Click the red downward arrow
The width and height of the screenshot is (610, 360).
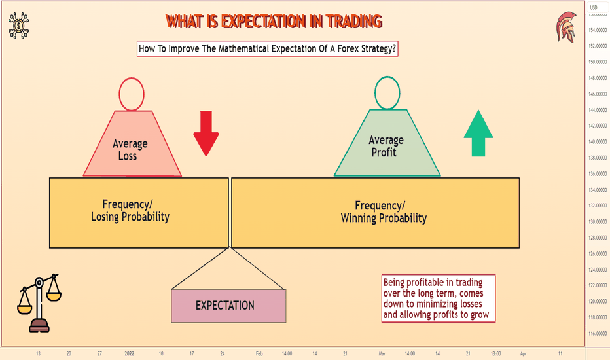206,134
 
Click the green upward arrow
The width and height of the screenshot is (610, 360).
478,133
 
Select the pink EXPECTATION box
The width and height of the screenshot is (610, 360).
229,306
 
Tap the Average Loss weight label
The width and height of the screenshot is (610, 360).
130,150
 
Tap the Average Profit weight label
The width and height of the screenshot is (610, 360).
386,146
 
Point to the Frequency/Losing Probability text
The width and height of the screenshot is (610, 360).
130,211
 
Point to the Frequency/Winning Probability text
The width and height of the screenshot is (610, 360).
384,211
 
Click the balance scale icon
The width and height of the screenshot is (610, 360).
39,303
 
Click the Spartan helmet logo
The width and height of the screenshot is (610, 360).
566,26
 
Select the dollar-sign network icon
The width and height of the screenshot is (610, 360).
19,26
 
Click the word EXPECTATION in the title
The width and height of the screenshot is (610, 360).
264,22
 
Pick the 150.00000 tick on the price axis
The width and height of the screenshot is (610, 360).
598,62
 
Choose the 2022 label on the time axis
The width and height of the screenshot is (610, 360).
129,353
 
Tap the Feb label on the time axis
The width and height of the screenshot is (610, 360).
259,353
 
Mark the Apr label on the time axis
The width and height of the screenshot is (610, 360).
523,353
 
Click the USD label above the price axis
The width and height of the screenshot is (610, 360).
593,7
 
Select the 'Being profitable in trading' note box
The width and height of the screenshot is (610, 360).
439,298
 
